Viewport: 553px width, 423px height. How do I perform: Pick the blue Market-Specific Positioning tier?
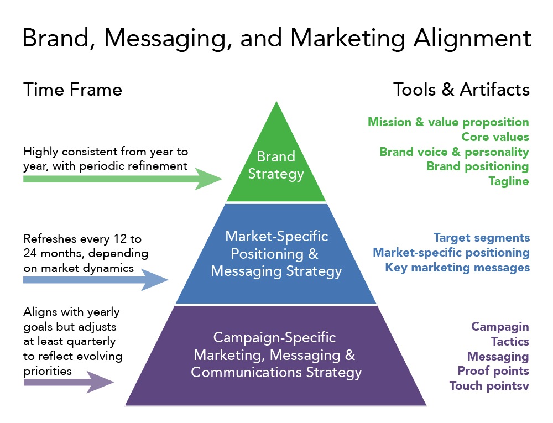pyautogui.click(x=276, y=254)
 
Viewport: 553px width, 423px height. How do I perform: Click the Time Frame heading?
pyautogui.click(x=72, y=90)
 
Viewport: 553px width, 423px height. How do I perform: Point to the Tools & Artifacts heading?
pyautogui.click(x=461, y=90)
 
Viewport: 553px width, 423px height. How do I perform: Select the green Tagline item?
pyautogui.click(x=509, y=181)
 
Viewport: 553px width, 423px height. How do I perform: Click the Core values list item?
pyautogui.click(x=495, y=137)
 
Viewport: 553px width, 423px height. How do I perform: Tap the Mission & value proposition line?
pyautogui.click(x=448, y=122)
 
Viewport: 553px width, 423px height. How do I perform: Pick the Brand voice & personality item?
pyautogui.click(x=454, y=152)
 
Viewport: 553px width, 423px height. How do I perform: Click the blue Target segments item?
pyautogui.click(x=481, y=238)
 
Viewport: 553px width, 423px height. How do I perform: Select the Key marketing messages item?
pyautogui.click(x=457, y=268)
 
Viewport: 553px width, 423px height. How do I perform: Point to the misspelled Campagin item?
pyautogui.click(x=500, y=327)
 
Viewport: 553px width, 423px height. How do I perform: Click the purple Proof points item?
pyautogui.click(x=493, y=370)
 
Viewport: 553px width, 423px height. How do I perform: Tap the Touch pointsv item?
pyautogui.click(x=489, y=385)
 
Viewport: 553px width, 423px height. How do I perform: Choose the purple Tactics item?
pyautogui.click(x=509, y=342)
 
